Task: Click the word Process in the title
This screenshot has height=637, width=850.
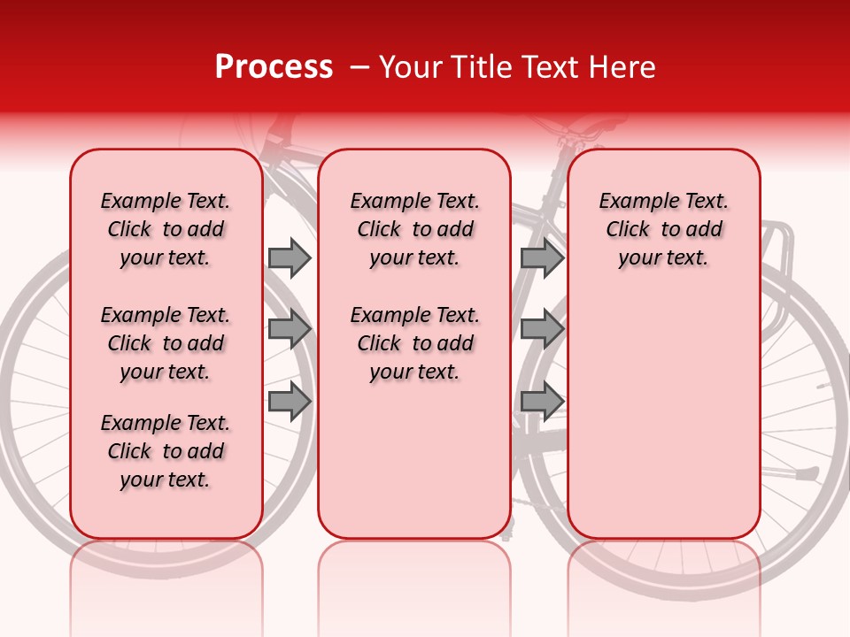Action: [274, 67]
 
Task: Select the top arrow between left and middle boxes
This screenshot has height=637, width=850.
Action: [290, 257]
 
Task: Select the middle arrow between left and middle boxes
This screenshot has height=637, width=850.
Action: [290, 329]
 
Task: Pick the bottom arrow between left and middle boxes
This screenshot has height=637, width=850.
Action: [290, 401]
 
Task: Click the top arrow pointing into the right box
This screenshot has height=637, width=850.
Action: [542, 257]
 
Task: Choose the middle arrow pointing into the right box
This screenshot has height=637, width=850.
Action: [542, 329]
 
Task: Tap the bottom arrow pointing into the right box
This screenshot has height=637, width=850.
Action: [542, 401]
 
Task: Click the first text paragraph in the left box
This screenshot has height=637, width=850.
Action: [166, 229]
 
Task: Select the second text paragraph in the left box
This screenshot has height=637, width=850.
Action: [166, 343]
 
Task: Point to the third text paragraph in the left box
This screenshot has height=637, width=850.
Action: [166, 451]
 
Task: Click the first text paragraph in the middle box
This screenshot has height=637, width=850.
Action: [414, 229]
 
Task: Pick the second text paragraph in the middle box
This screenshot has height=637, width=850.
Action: [414, 343]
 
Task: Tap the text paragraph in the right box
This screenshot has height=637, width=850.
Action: [663, 229]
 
